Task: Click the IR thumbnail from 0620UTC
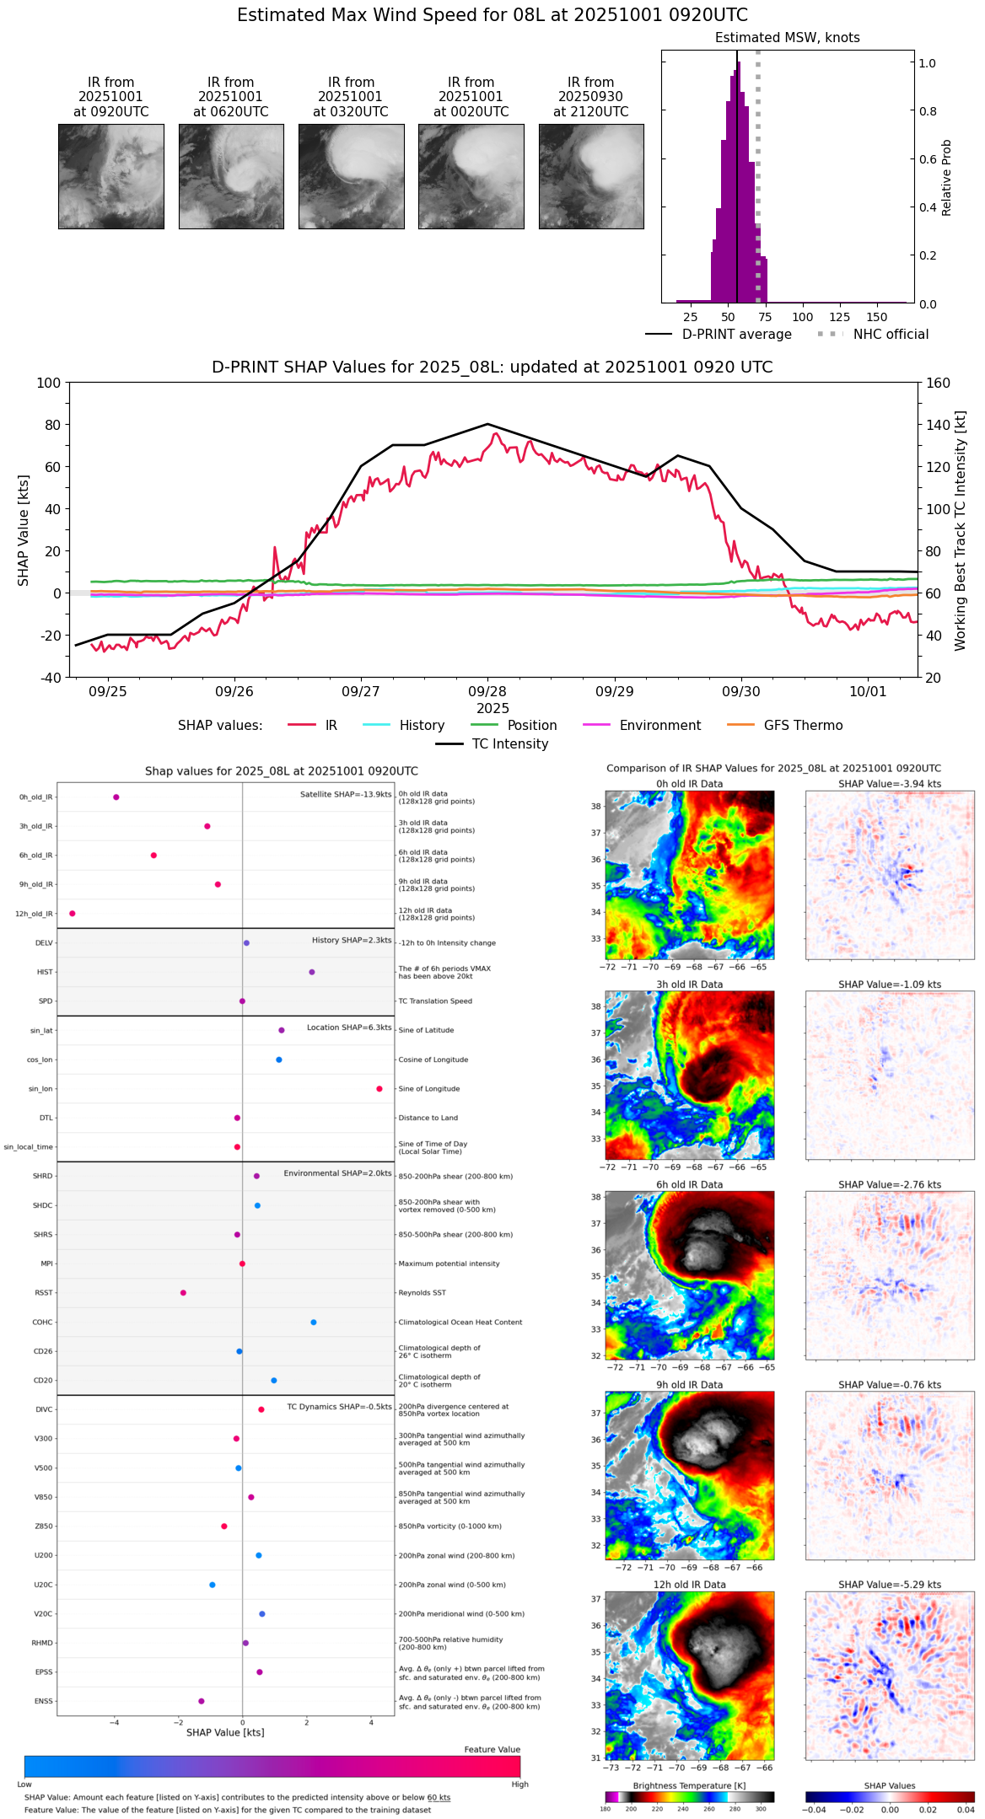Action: coord(231,176)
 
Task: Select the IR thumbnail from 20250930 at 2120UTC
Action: coord(591,176)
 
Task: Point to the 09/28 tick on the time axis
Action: coord(487,691)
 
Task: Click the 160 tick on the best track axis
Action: coord(938,383)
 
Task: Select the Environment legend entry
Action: coord(659,726)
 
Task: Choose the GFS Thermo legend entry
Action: coord(803,726)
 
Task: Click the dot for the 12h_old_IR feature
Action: coord(73,914)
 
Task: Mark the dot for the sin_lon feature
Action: coord(379,1089)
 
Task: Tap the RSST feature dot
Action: coord(183,1293)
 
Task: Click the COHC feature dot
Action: coord(314,1323)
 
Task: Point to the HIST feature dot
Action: coord(312,972)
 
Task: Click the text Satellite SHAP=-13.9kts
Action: coord(346,795)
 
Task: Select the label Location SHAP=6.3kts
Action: coord(349,1028)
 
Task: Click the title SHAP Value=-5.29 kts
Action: coord(890,1585)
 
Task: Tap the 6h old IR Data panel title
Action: coord(689,1184)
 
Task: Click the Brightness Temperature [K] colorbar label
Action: coord(689,1785)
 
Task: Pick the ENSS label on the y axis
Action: coord(43,1701)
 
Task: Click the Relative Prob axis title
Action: coord(947,178)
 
